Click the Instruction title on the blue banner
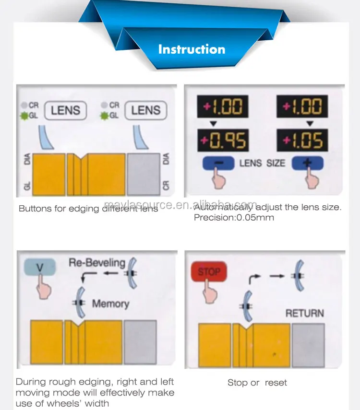pos(192,49)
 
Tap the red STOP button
pos(209,271)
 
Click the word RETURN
pos(304,313)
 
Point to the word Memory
pos(110,304)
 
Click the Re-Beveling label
pos(97,263)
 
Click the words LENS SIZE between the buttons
pos(262,163)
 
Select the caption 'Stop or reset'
pos(257,383)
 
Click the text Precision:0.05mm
pos(234,217)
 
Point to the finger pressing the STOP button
pos(209,290)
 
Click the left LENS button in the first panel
pos(65,110)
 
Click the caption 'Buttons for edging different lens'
pos(88,209)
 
